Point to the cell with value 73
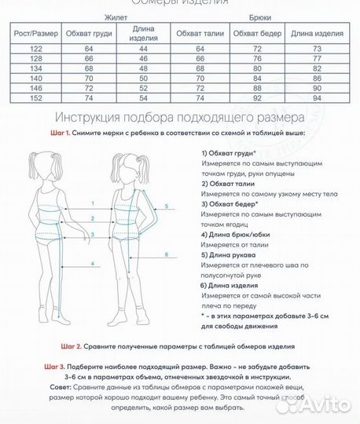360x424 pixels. [318, 49]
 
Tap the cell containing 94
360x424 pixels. [318, 99]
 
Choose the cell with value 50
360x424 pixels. [144, 79]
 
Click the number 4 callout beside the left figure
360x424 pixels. [92, 263]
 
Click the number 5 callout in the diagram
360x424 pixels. [166, 206]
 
